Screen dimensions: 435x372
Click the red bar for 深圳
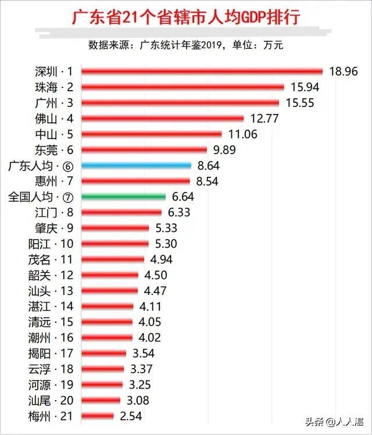(x=202, y=72)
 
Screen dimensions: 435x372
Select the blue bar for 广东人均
(x=136, y=166)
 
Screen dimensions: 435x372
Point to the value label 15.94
(x=306, y=87)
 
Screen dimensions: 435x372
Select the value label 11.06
(x=242, y=134)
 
